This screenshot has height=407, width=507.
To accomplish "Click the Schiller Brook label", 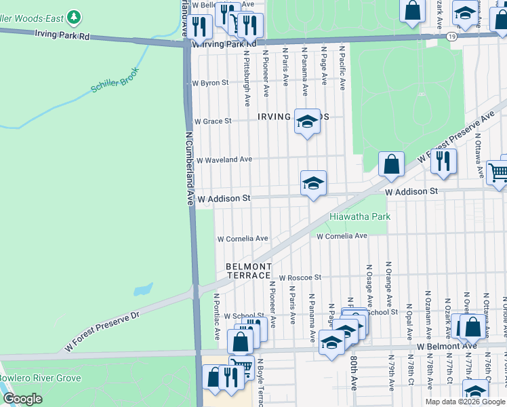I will pyautogui.click(x=115, y=81).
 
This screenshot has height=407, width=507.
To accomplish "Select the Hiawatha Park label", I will pyautogui.click(x=360, y=216).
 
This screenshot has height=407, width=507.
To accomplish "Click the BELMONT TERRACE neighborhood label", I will pyautogui.click(x=249, y=271).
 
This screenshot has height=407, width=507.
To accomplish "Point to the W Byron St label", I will pyautogui.click(x=211, y=83).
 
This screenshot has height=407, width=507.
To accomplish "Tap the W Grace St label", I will pyautogui.click(x=213, y=121).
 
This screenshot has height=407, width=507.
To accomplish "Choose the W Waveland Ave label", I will pyautogui.click(x=224, y=159).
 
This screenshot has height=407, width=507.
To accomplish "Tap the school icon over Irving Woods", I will pyautogui.click(x=307, y=122).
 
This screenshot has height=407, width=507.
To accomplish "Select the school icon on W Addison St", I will pyautogui.click(x=313, y=183).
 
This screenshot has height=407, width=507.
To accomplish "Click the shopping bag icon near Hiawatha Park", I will pyautogui.click(x=391, y=164).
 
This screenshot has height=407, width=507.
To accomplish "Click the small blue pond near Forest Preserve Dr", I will pyautogui.click(x=143, y=290).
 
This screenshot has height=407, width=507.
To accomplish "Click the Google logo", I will pyautogui.click(x=22, y=399).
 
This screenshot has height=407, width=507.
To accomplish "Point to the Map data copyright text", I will pyautogui.click(x=465, y=402).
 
